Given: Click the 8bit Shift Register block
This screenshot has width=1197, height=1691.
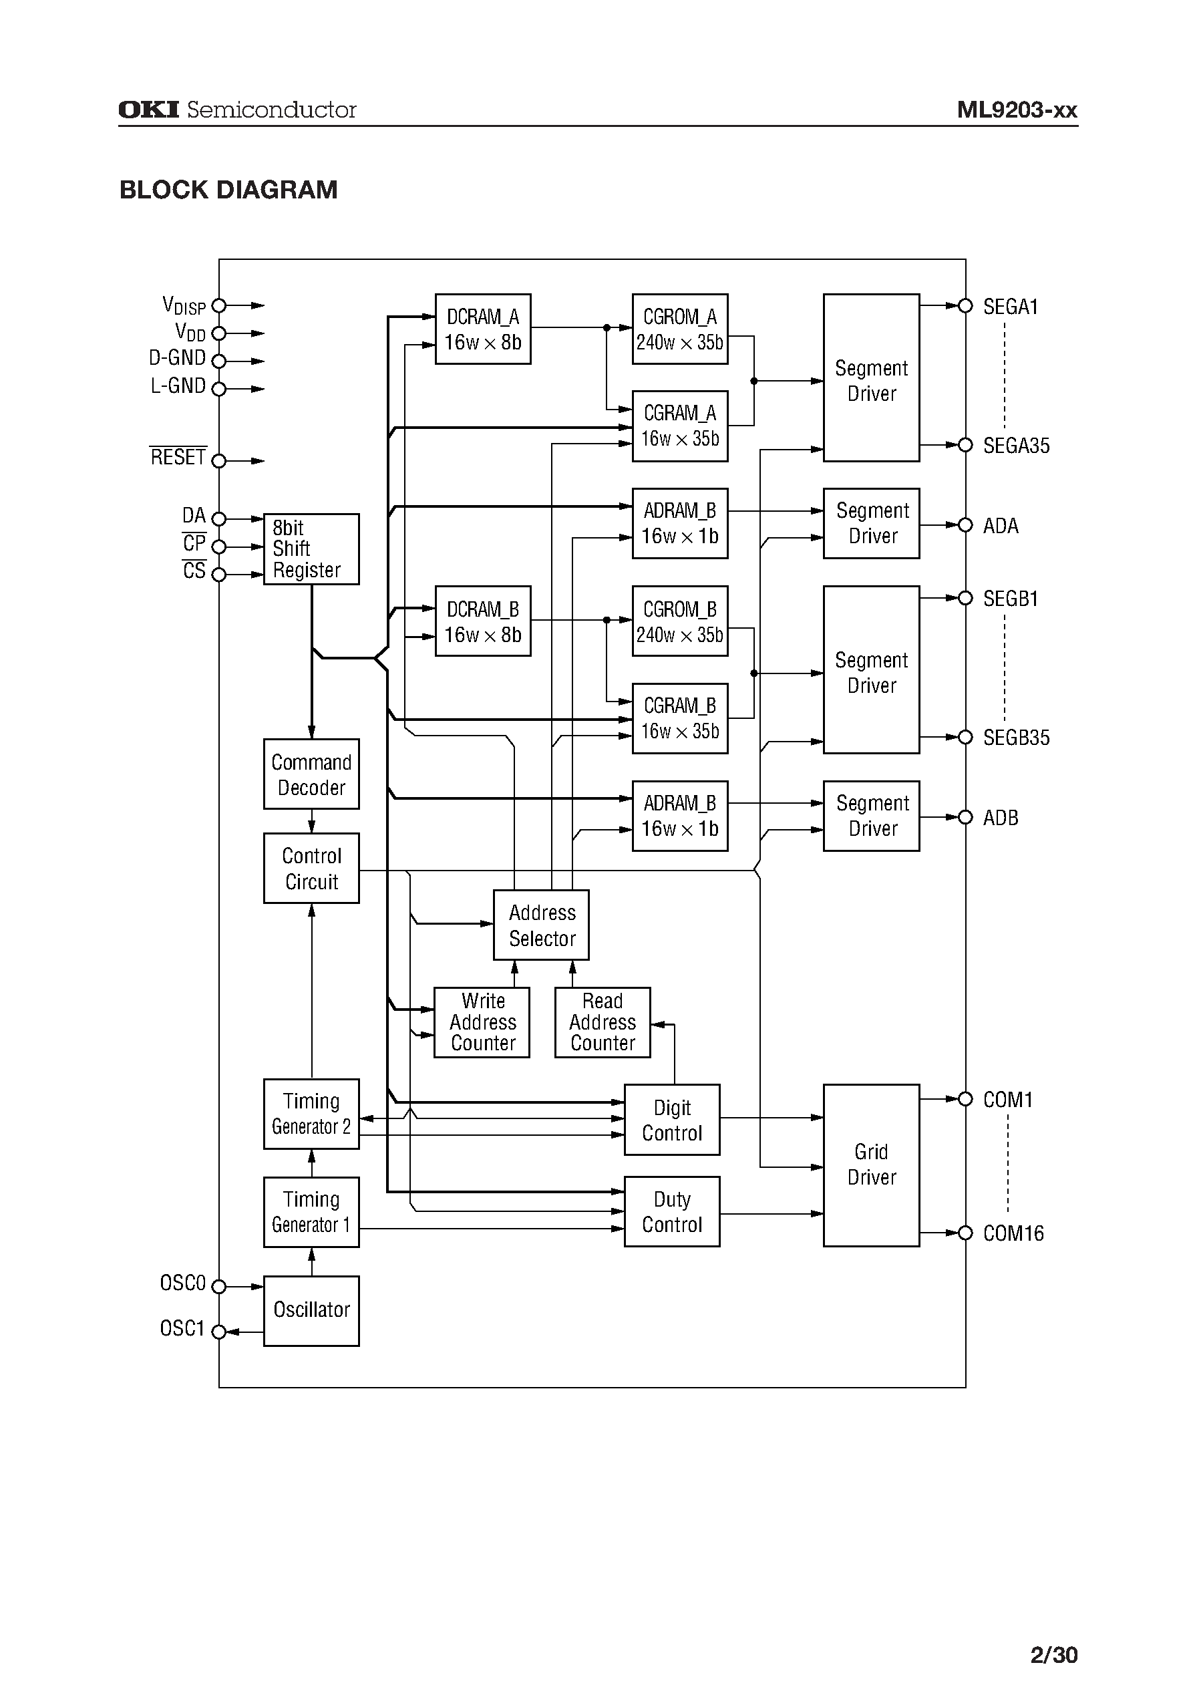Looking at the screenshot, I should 311,549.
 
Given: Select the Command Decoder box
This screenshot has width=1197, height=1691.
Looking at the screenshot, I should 311,774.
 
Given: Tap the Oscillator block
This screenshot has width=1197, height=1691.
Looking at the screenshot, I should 311,1311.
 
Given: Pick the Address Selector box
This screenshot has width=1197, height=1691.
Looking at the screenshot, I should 541,925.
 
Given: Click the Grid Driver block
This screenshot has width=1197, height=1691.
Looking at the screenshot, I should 871,1165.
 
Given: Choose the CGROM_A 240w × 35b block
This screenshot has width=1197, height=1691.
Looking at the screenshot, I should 679,329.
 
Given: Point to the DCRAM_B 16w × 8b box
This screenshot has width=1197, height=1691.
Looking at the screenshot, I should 483,621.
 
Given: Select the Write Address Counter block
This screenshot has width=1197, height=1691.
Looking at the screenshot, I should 482,1022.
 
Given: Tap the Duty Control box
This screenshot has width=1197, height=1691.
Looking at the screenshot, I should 671,1211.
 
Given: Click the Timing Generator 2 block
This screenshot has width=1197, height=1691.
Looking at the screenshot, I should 311,1114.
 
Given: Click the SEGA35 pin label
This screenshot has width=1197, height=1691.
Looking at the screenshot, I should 1016,446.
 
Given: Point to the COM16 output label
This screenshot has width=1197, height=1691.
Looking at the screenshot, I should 1013,1233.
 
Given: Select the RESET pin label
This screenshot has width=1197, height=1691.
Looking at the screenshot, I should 178,457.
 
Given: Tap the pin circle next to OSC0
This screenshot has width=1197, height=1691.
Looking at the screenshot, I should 218,1286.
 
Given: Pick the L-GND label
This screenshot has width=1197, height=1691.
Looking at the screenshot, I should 178,386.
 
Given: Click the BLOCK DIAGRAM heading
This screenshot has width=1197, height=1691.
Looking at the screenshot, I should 228,190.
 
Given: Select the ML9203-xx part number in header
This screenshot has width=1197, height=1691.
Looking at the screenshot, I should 1017,110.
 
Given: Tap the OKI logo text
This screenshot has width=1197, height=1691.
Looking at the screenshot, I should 149,110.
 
